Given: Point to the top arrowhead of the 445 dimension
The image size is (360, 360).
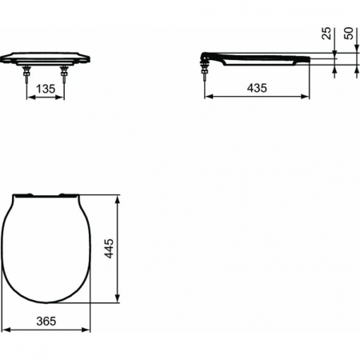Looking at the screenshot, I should point(119,197).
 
